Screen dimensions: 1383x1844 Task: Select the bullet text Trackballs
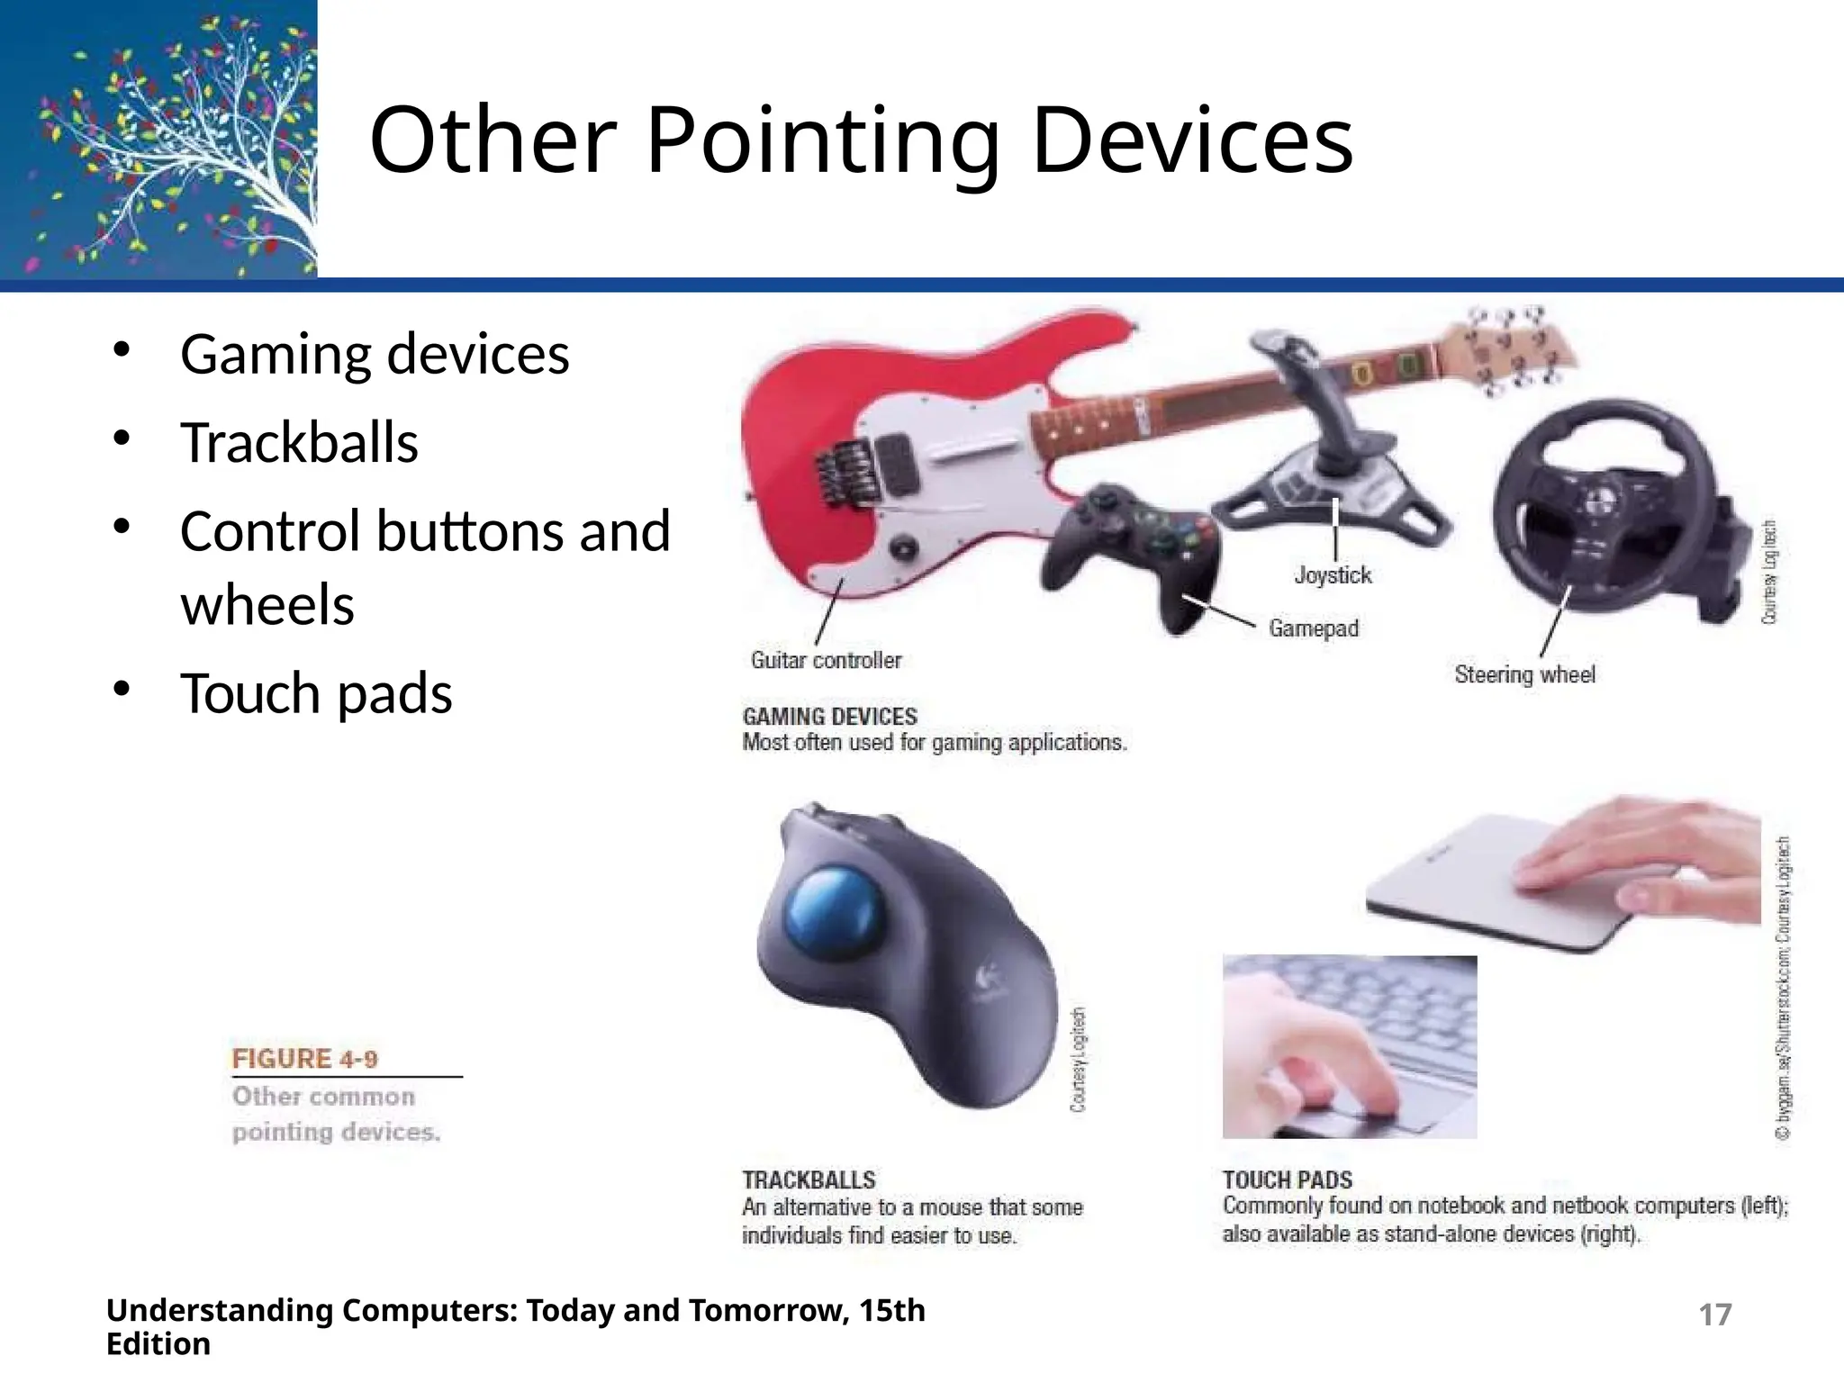(x=299, y=443)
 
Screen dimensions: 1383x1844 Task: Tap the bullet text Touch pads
(x=316, y=693)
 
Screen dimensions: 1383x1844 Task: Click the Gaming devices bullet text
(x=375, y=354)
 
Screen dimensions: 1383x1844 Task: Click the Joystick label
(x=1333, y=575)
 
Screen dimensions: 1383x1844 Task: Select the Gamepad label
(x=1314, y=628)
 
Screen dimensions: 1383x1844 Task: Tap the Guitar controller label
(x=826, y=661)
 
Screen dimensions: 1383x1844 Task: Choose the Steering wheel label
(x=1524, y=674)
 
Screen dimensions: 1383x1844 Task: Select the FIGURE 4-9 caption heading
(x=304, y=1059)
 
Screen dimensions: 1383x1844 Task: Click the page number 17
(x=1714, y=1315)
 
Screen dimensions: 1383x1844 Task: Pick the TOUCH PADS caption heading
(x=1287, y=1180)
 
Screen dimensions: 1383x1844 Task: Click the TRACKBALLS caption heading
(x=809, y=1180)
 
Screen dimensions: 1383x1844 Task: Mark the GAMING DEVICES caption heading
(x=829, y=717)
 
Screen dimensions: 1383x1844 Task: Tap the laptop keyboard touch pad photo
(x=1349, y=1047)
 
